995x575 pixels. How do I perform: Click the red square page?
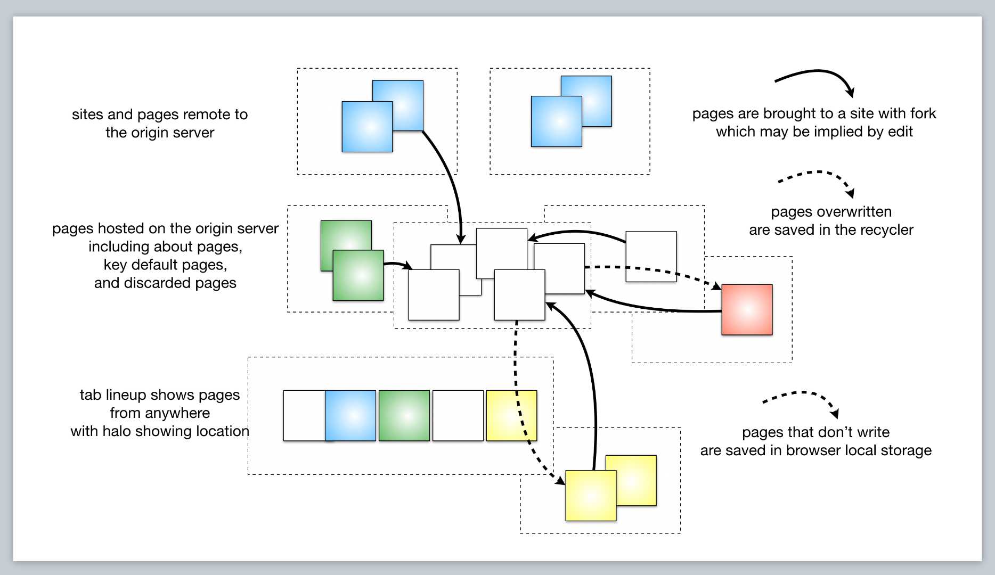click(x=747, y=309)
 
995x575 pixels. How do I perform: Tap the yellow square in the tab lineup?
click(x=511, y=416)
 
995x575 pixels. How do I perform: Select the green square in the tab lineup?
click(x=404, y=416)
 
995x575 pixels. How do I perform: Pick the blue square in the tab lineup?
click(x=350, y=416)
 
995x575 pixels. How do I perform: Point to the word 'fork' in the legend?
click(x=923, y=113)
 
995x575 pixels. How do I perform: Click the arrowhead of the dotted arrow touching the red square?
click(x=716, y=286)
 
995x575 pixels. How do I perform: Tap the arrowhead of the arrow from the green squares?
click(x=408, y=266)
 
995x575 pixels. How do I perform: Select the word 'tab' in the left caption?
click(x=91, y=395)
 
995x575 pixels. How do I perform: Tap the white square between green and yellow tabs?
click(x=458, y=416)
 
